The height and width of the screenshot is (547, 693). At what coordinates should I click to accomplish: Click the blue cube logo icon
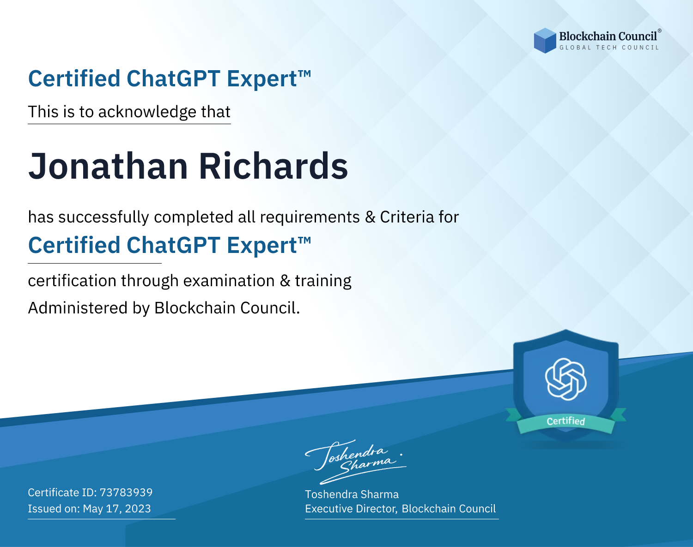(545, 41)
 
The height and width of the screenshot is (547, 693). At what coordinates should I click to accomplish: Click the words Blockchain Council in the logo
(608, 36)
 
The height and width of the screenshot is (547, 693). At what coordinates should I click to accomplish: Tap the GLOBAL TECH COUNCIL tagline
(609, 48)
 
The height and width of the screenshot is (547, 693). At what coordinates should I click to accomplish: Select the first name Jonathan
(108, 166)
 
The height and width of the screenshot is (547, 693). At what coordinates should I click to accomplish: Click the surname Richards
(274, 165)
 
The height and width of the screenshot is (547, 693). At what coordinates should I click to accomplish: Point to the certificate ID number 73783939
(126, 492)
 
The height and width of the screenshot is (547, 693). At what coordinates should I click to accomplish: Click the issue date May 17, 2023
(116, 509)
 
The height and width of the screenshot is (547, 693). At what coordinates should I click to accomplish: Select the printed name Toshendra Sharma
(352, 494)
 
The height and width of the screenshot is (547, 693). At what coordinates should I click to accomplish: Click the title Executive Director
(350, 509)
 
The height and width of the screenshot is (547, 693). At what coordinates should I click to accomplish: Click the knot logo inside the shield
(566, 379)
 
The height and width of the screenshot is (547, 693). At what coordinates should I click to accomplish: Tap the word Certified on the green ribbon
(566, 421)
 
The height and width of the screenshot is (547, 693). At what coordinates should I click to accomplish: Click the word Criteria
(407, 216)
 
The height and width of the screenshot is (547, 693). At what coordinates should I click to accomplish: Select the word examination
(229, 281)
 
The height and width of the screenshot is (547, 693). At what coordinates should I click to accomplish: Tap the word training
(323, 281)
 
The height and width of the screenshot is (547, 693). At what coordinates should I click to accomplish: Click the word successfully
(103, 217)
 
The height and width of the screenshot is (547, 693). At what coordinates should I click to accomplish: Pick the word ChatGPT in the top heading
(173, 78)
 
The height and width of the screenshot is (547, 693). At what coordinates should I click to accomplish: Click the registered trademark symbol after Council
(659, 31)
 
